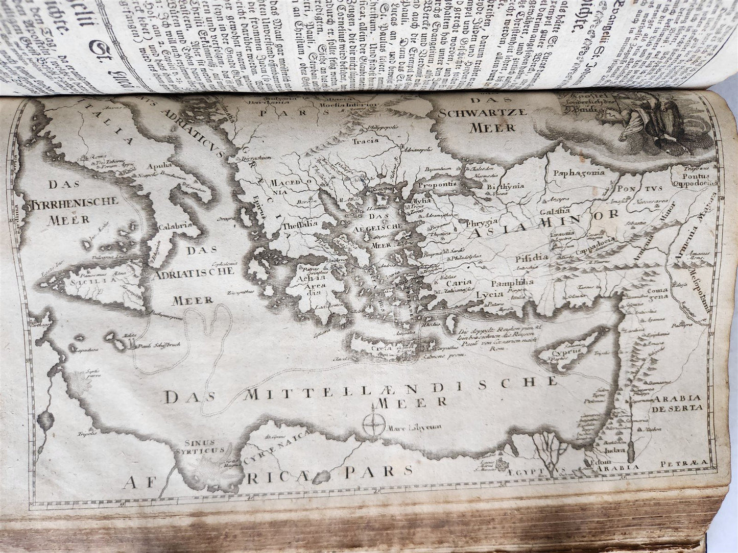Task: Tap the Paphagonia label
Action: coord(578,172)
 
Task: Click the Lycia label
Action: coord(486,294)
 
